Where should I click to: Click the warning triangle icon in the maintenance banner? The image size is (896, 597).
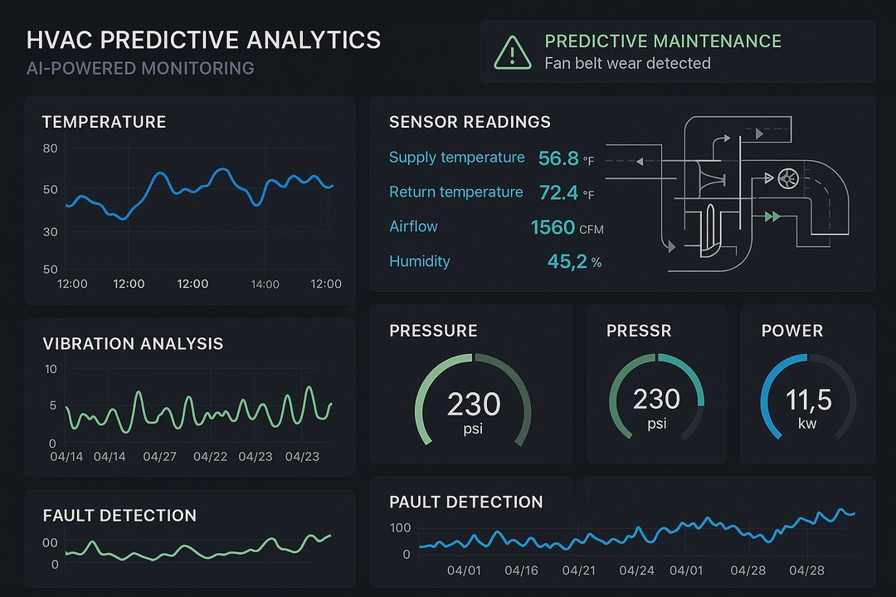512,52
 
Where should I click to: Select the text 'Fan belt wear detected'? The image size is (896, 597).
627,63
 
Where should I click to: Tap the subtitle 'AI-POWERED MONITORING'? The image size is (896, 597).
140,68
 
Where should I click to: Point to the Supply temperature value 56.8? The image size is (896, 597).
558,158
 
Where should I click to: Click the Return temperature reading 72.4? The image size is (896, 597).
558,193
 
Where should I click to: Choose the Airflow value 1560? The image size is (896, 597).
553,227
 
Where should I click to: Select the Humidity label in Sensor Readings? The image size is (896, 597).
419,261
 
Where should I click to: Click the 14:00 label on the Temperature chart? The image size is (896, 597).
265,284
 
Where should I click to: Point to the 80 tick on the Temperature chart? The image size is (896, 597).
50,148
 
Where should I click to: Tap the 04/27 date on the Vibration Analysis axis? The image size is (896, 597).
159,457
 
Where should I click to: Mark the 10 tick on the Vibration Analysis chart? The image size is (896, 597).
50,368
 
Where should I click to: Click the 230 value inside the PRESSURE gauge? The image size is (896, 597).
473,405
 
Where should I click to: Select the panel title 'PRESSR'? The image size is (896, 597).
639,331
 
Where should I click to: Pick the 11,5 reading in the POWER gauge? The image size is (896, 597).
808,400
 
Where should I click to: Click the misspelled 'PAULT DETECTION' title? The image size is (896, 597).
465,502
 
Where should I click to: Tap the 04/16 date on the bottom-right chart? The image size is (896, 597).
521,571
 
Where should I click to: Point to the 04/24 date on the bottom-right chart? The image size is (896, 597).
636,571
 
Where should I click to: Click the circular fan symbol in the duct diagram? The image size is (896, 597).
787,177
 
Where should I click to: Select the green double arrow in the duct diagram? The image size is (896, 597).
772,216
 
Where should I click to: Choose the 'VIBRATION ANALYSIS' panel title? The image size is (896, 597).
133,343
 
